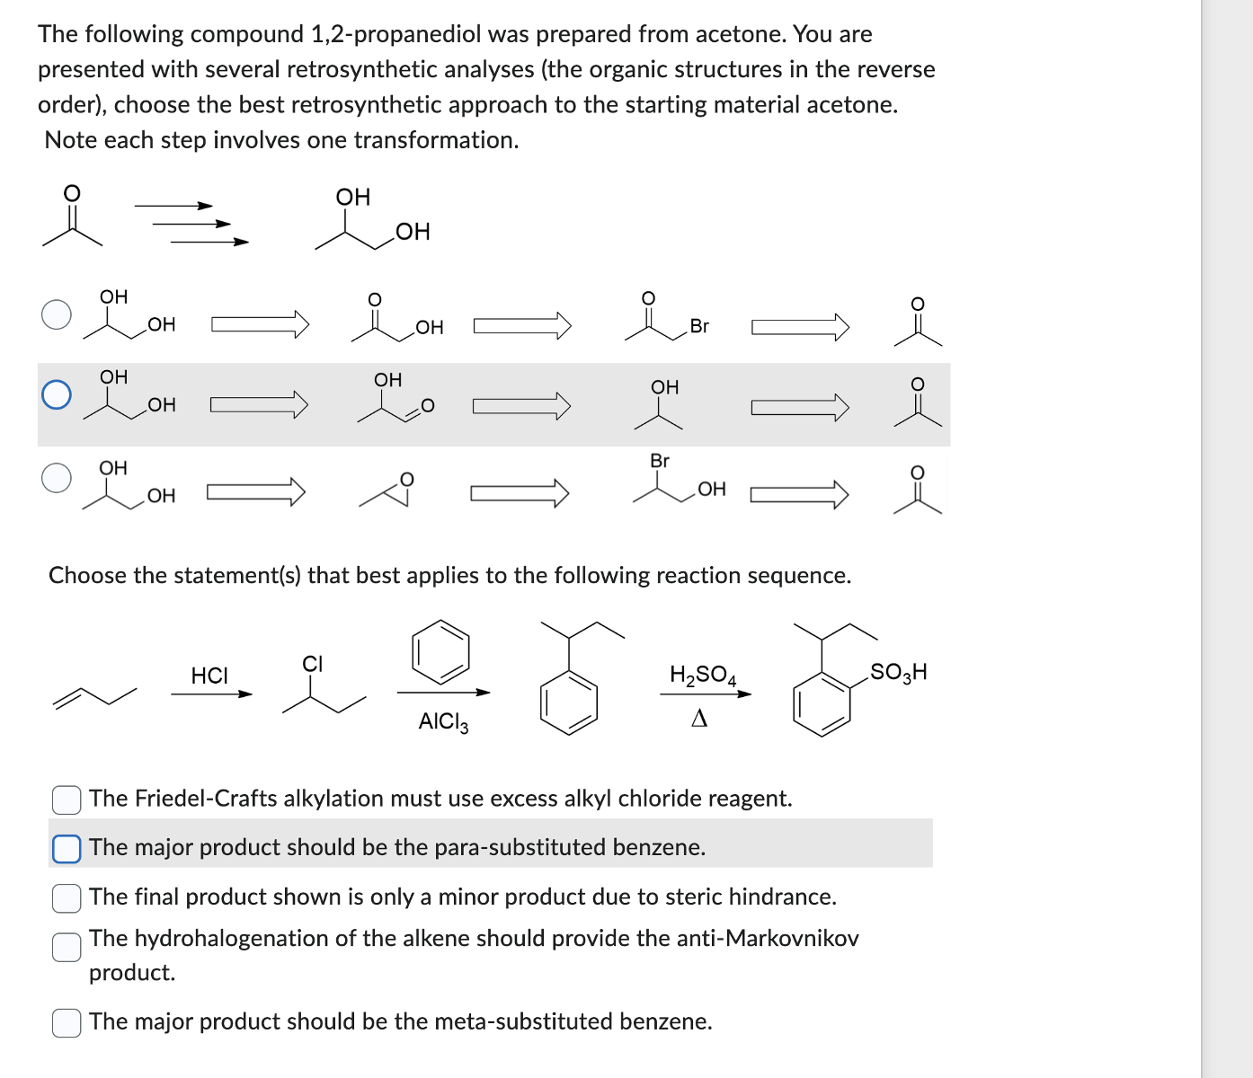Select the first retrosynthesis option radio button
tap(57, 314)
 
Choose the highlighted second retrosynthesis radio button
tap(57, 394)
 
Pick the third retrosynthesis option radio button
tap(57, 478)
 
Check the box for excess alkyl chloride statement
tap(67, 799)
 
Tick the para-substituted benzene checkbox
tap(67, 848)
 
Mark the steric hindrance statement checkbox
tap(67, 897)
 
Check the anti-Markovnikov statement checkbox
tap(67, 947)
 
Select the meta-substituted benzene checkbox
tap(67, 1022)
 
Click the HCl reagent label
tap(209, 676)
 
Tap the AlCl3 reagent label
tap(443, 721)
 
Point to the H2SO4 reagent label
tap(702, 675)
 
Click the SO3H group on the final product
tap(898, 672)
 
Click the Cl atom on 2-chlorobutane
tap(312, 664)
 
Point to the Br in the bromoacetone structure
tap(699, 326)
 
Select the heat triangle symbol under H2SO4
tap(699, 719)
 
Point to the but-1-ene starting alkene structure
tap(94, 696)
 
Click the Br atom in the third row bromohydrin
tap(660, 461)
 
